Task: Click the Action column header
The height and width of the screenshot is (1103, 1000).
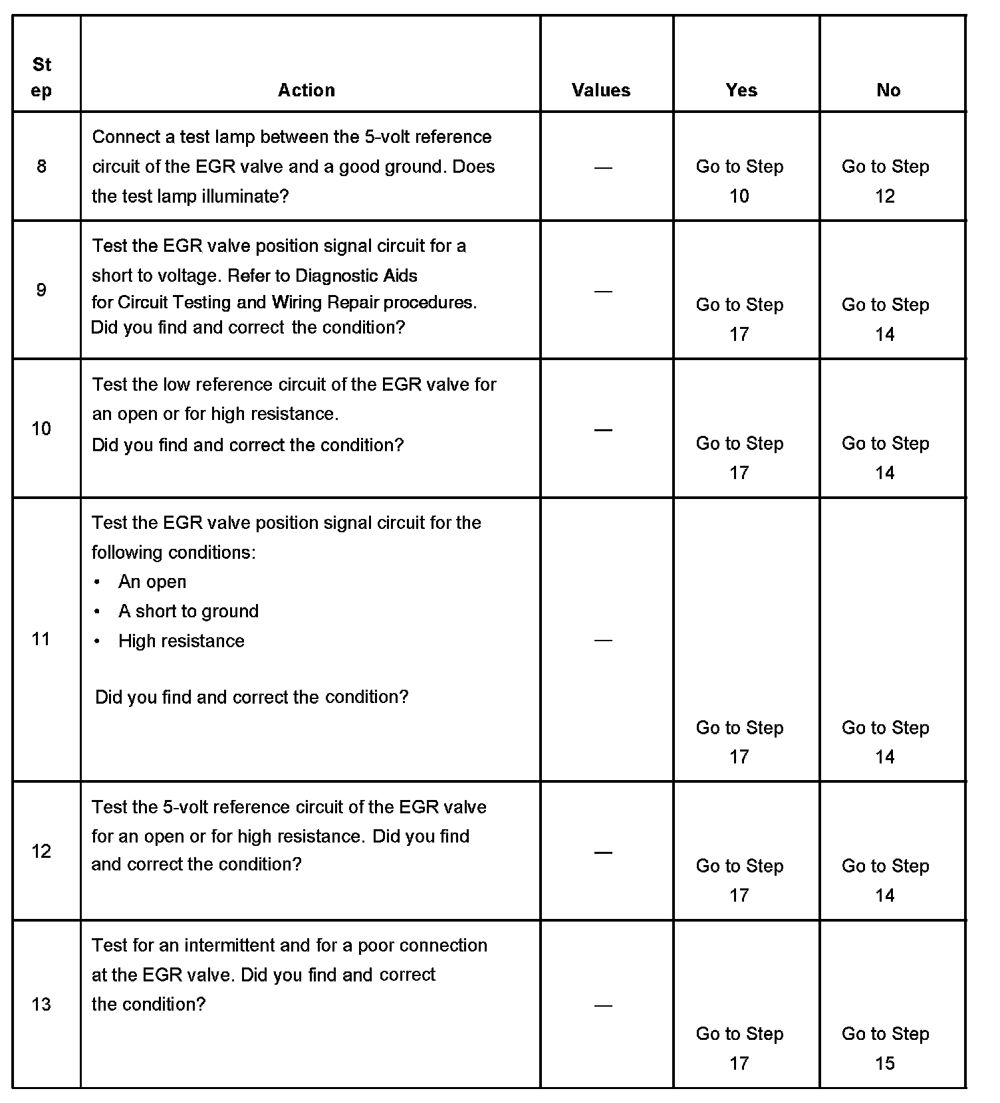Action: (x=306, y=90)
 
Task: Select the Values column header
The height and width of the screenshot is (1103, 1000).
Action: (x=600, y=90)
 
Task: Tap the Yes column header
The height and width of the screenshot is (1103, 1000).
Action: (x=741, y=90)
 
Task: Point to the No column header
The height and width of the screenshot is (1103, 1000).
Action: (x=888, y=90)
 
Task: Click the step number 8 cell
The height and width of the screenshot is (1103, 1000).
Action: (x=41, y=166)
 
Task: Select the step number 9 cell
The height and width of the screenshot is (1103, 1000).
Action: (x=41, y=290)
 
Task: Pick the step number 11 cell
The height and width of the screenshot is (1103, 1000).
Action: (x=41, y=639)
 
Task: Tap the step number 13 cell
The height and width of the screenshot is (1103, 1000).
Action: (x=41, y=1004)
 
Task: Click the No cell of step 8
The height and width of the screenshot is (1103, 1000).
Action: (x=885, y=181)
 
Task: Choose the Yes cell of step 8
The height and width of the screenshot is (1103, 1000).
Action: (x=739, y=181)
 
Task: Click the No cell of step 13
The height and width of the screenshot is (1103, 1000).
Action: (x=885, y=1048)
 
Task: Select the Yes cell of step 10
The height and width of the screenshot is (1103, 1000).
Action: (x=739, y=458)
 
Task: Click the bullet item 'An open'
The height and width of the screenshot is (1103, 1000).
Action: (x=152, y=582)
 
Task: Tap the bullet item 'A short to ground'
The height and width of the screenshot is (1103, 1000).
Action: (x=188, y=611)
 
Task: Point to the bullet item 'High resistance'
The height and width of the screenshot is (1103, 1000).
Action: (x=181, y=641)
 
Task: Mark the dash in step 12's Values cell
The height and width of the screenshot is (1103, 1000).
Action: (x=603, y=852)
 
